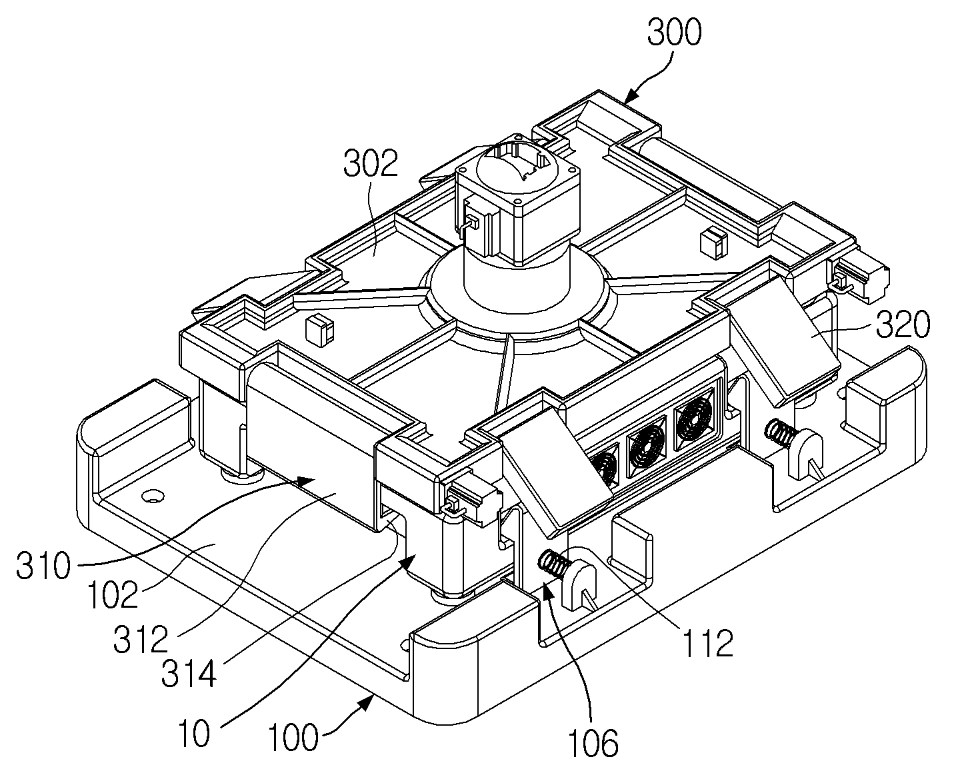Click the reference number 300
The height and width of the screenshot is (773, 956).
pos(674,32)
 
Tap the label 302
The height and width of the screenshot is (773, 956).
pos(370,163)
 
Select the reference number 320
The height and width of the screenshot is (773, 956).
pos(903,325)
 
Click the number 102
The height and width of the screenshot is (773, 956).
pos(113,594)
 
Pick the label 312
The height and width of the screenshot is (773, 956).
pos(141,638)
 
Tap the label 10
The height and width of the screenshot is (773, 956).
pos(194,732)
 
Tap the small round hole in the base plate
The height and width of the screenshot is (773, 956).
pos(152,496)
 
